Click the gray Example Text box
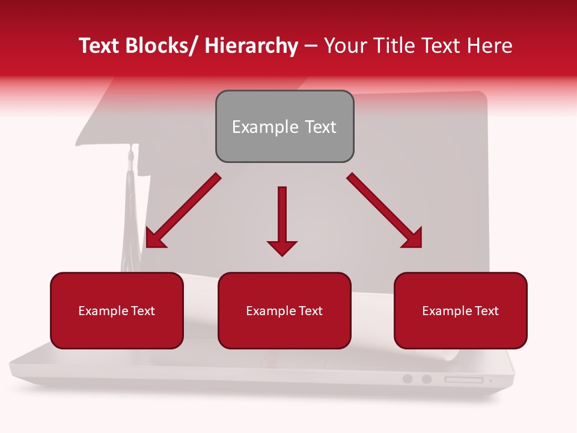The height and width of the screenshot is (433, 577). click(284, 126)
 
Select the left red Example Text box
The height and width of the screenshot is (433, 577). click(117, 310)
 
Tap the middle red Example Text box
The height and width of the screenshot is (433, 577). click(284, 310)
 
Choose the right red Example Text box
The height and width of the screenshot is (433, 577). click(460, 310)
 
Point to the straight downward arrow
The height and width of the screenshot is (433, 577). click(282, 216)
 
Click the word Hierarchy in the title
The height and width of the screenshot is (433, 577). click(251, 46)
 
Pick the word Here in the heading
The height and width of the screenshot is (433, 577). click(490, 46)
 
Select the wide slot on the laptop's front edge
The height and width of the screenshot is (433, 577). click(463, 379)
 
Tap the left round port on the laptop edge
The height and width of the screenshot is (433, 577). click(408, 379)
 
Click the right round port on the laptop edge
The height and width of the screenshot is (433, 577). click(427, 379)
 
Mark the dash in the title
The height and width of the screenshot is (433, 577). click(311, 46)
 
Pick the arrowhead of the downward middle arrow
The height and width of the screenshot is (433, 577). click(282, 247)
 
